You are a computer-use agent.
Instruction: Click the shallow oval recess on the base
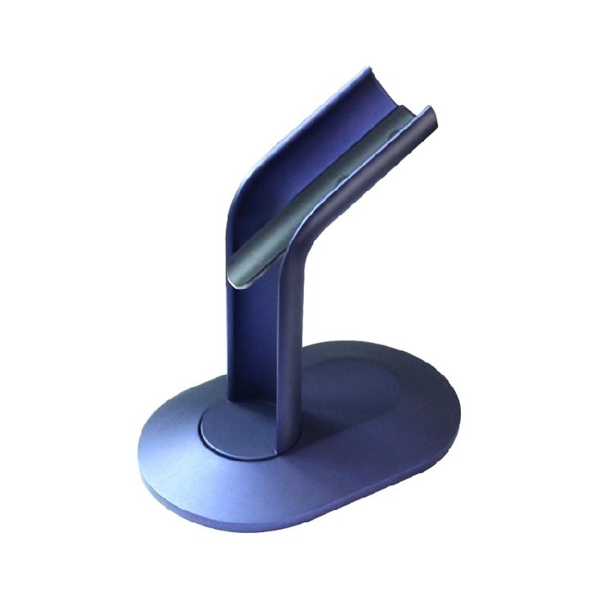pos(360,393)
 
